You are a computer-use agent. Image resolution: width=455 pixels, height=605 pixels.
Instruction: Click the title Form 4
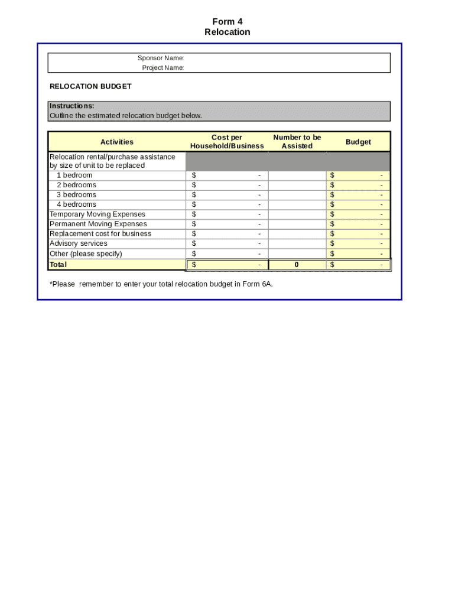tap(227, 22)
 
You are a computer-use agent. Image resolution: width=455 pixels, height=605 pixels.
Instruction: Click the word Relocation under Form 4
tap(227, 32)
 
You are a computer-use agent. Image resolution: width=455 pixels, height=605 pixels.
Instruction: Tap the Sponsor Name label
tap(161, 58)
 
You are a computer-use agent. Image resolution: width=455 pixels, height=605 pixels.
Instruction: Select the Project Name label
tap(162, 68)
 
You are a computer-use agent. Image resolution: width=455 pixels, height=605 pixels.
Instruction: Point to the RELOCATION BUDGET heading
tap(90, 86)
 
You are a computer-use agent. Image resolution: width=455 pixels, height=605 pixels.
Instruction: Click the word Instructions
tap(71, 106)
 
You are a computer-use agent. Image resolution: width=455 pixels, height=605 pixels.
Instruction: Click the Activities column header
tap(117, 142)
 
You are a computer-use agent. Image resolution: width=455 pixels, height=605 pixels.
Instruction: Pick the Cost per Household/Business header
tap(227, 142)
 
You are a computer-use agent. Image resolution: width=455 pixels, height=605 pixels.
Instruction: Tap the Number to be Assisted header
tap(297, 142)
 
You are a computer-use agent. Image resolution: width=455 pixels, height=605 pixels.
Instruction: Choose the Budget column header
tap(358, 142)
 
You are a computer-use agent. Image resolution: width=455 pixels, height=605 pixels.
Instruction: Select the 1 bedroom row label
tap(74, 175)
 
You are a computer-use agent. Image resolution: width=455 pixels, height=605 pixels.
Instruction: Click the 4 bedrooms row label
tap(76, 204)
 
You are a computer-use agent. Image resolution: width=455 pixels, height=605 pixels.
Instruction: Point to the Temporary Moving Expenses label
tap(97, 214)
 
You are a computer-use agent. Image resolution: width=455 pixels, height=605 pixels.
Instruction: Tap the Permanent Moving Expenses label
tap(98, 224)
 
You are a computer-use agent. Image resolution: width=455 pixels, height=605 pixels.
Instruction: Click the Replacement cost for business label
tap(100, 234)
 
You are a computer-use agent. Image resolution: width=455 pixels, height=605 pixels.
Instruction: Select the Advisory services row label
tap(79, 243)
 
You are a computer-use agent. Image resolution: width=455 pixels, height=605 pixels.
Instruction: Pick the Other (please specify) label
tap(86, 254)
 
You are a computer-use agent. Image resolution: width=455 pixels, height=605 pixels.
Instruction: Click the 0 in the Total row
tap(297, 265)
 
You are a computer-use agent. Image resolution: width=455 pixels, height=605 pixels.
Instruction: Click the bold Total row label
tap(58, 265)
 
